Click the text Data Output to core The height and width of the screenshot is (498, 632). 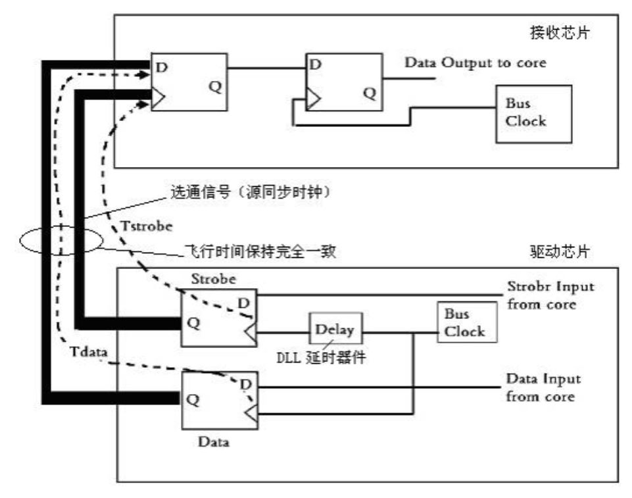(475, 63)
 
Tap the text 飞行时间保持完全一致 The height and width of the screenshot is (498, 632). (262, 252)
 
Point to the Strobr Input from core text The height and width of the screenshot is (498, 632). (550, 295)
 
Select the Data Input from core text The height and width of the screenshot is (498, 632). (543, 387)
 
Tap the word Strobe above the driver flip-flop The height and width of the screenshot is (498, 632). (213, 279)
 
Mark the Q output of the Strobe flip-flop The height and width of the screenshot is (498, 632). (193, 323)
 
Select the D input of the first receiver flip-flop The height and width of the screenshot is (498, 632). (161, 66)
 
